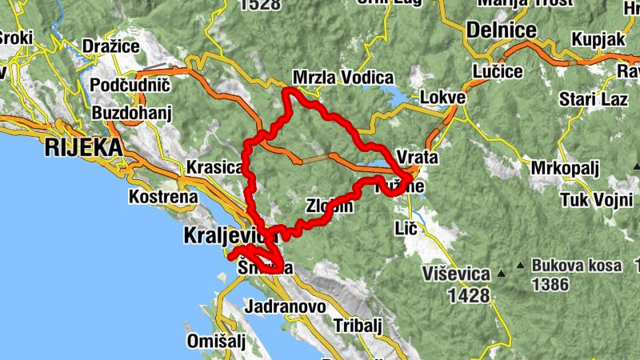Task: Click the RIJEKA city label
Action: (x=84, y=147)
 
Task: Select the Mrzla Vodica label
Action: (x=343, y=78)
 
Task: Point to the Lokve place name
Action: (x=442, y=98)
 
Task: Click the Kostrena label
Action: (x=163, y=196)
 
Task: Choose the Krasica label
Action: (x=214, y=167)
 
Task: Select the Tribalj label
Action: (x=358, y=325)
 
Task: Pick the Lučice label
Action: (x=498, y=71)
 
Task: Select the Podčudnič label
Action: (x=130, y=85)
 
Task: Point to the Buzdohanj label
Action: (x=132, y=112)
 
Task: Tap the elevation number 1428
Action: (x=468, y=296)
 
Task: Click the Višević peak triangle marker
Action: (x=502, y=274)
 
